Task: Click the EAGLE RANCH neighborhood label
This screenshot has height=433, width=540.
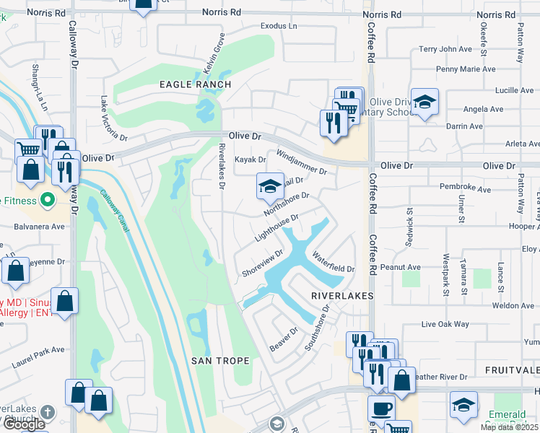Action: (195, 84)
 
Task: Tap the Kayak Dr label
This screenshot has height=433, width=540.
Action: (251, 159)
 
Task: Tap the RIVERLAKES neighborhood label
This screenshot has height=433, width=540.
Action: (342, 296)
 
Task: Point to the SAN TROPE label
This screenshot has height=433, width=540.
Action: (221, 360)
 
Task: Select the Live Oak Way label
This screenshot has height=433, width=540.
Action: (445, 324)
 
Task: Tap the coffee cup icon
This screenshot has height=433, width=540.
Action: (380, 408)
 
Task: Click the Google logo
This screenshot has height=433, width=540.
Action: (24, 424)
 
